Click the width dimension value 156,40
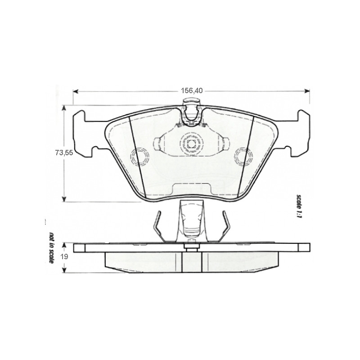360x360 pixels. tap(192, 90)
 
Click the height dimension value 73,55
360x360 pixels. tap(64, 153)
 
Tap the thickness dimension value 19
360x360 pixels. tap(64, 257)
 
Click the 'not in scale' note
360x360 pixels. tap(52, 248)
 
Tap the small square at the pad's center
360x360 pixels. tap(191, 144)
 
